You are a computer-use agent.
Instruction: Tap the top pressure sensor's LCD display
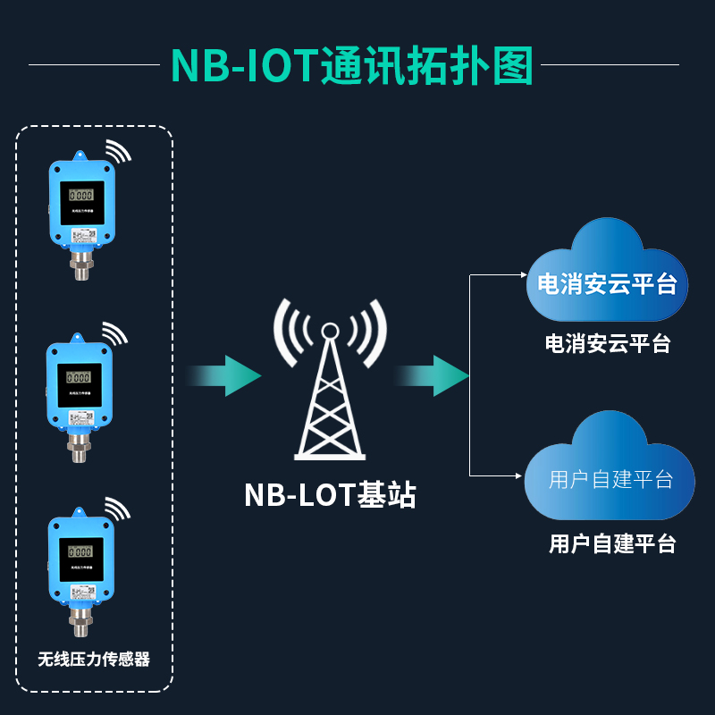pos(81,195)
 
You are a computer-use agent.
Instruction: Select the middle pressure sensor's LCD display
pos(80,377)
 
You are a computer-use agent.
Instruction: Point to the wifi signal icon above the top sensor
pos(117,151)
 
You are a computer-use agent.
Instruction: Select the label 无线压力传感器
pos(94,660)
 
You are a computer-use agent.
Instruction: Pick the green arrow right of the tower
pos(435,375)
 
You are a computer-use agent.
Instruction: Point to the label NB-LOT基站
pos(330,494)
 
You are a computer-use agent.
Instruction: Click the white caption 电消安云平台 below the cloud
pos(608,344)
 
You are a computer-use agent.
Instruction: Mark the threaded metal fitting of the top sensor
pos(81,265)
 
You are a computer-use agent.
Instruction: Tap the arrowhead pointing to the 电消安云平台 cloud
pos(524,274)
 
